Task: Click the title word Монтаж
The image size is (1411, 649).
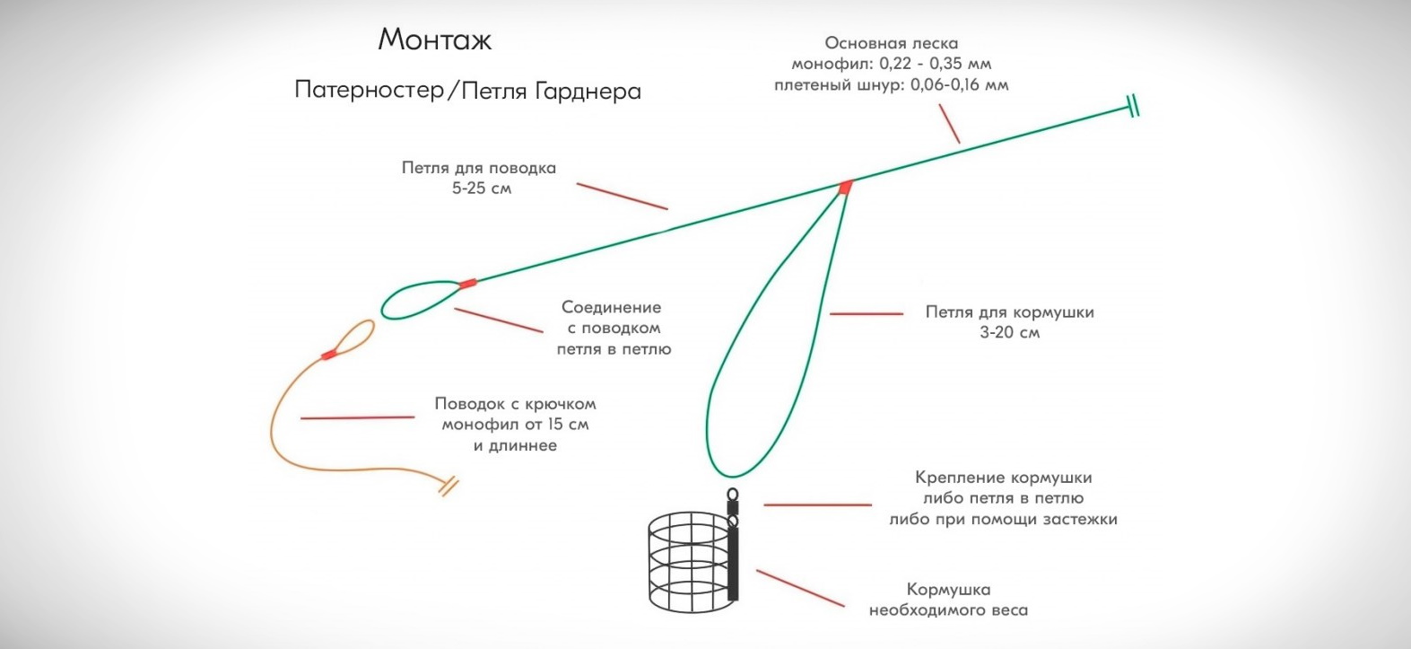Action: pos(435,40)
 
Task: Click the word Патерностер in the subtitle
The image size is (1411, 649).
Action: pos(369,91)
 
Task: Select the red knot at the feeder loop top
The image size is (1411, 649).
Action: pos(845,187)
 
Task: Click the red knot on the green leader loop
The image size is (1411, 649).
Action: pos(466,284)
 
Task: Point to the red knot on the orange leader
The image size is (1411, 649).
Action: pos(329,355)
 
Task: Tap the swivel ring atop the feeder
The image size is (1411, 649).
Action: pos(732,494)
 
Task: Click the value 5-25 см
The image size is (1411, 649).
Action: pos(482,189)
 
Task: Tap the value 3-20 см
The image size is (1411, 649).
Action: pos(1010,333)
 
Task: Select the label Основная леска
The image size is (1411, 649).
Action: pos(891,43)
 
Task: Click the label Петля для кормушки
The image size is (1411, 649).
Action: pos(1009,312)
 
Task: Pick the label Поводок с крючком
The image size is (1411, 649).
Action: pos(515,404)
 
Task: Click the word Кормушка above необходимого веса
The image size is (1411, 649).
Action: pos(948,590)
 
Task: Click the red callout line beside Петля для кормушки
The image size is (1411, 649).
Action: pos(866,313)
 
